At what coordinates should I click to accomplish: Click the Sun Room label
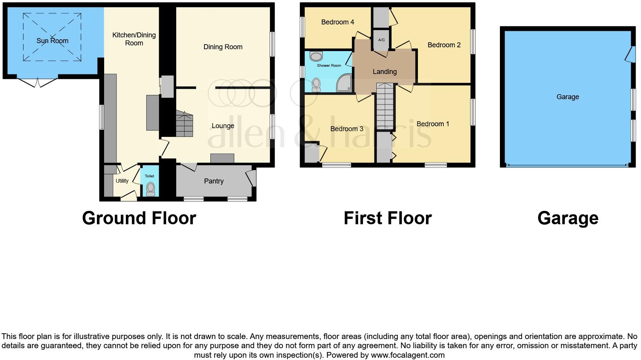coord(52,41)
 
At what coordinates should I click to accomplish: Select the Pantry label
coord(214,181)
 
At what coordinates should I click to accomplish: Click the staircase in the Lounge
coord(184,124)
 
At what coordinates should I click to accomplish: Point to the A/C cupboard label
coord(381,40)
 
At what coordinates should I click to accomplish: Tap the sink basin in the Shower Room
coord(316,57)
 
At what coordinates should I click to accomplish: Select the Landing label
coord(384,72)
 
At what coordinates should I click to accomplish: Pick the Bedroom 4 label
coord(337,22)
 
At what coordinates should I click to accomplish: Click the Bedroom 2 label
coord(444,45)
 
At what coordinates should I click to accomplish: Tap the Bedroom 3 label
coord(347,129)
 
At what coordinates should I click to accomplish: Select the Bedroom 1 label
coord(432,124)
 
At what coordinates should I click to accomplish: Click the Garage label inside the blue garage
coord(567,97)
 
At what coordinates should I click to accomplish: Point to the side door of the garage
coord(631,54)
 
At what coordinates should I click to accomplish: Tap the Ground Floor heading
coord(139,218)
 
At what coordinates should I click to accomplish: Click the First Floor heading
coord(387,218)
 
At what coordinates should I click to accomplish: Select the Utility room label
coord(122,181)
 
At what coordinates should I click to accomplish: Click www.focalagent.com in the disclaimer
coord(408,355)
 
